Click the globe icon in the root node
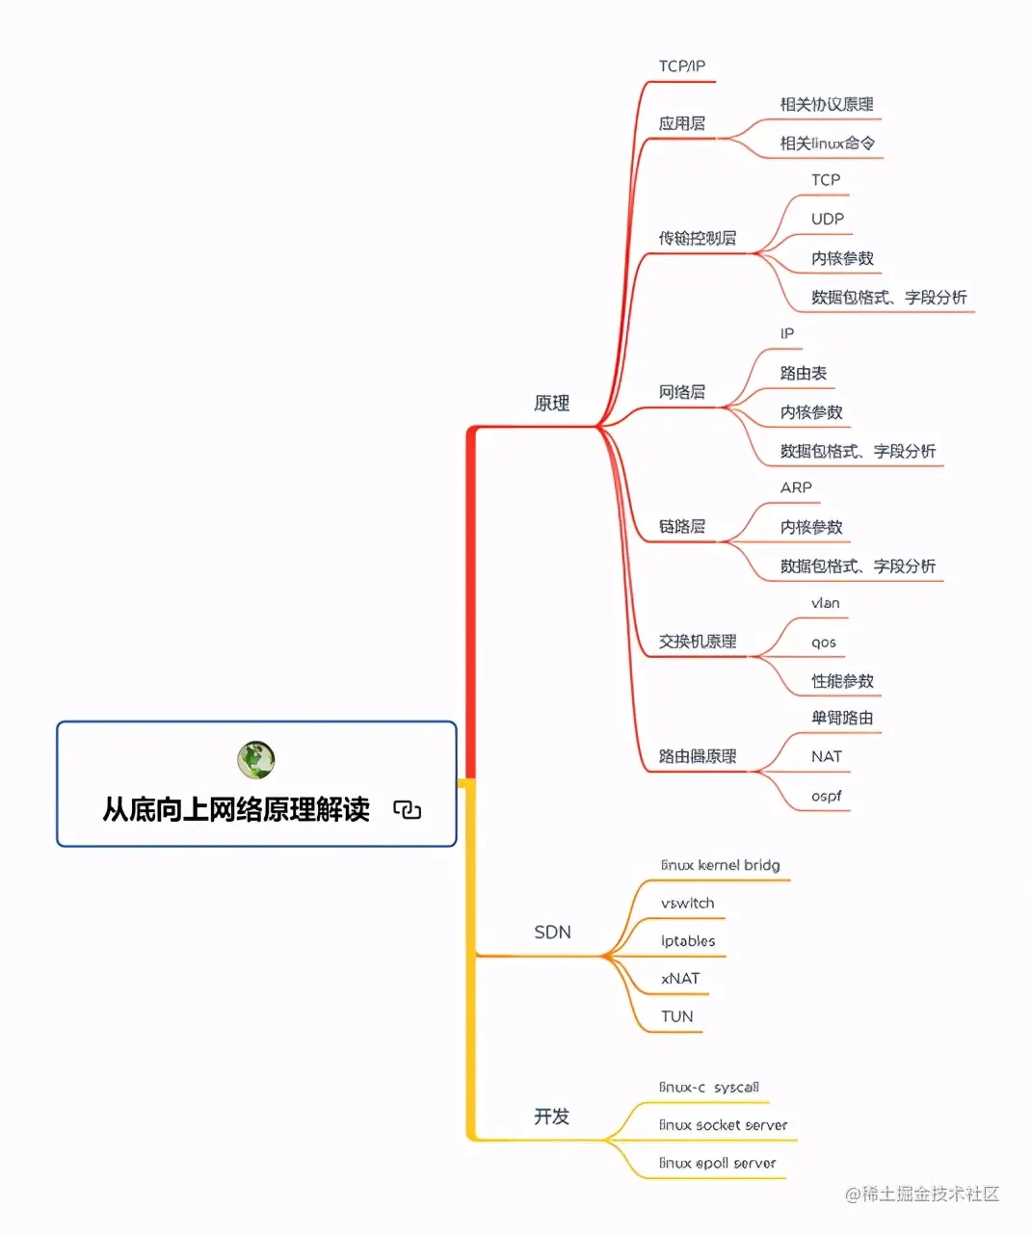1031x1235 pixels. [256, 760]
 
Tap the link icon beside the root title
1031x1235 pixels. [407, 809]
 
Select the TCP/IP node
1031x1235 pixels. [682, 66]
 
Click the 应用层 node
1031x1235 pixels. [682, 123]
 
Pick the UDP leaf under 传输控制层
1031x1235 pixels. [827, 219]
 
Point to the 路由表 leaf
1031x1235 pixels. [804, 373]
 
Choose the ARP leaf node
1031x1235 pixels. [796, 487]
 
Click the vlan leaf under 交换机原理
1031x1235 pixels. [826, 603]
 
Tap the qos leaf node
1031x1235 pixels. [824, 643]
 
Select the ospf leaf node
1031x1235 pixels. [826, 797]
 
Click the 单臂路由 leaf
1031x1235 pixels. [842, 718]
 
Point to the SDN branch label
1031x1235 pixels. [552, 932]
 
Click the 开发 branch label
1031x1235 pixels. [552, 1117]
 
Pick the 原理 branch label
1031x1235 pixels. [552, 404]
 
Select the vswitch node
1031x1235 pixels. [688, 904]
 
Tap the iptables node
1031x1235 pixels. [688, 941]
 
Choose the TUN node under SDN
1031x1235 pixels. [677, 1016]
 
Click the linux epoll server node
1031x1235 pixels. [718, 1164]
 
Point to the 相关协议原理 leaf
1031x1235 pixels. [827, 104]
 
